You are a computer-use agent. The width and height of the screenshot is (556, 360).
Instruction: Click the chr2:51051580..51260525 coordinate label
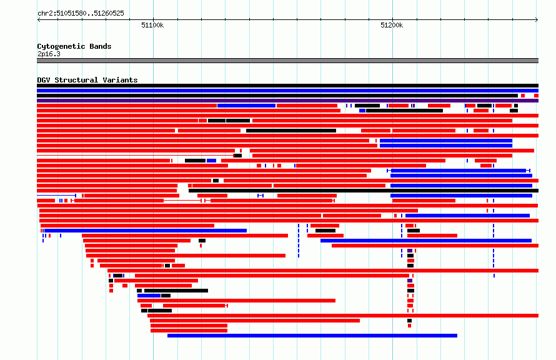point(81,14)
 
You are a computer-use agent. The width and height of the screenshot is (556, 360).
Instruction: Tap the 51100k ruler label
point(152,25)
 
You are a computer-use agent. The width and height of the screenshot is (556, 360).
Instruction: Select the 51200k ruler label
point(392,25)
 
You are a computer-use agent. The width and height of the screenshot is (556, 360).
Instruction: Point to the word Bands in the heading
point(101,46)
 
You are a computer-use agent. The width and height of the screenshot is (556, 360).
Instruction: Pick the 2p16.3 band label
point(49,54)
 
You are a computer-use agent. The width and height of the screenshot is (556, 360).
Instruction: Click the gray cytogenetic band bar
point(287,61)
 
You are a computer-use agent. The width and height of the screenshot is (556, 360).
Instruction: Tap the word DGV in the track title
point(44,80)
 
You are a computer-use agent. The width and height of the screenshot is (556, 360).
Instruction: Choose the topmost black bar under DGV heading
point(287,86)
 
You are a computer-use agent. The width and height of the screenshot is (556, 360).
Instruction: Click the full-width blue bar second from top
point(287,91)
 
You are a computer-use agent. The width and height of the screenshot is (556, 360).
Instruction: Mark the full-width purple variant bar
point(287,101)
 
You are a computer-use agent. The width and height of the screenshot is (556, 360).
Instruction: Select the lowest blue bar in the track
point(312,336)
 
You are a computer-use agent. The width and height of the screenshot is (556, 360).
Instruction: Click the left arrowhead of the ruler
point(39,20)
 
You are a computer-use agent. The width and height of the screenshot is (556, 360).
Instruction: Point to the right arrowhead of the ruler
point(537,20)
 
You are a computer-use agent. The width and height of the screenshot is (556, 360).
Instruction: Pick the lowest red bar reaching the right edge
point(343,316)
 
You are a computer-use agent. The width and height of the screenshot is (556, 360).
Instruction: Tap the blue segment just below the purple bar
point(246,106)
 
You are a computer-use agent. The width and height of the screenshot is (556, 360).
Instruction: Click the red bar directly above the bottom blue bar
point(189,331)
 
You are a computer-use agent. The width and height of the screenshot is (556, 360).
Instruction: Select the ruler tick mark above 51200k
point(392,19)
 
